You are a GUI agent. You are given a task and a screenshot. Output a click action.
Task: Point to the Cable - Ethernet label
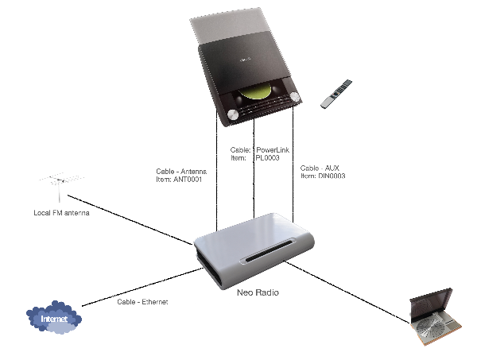pyautogui.click(x=142, y=302)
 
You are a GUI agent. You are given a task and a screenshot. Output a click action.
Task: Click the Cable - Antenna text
pyautogui.click(x=183, y=171)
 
